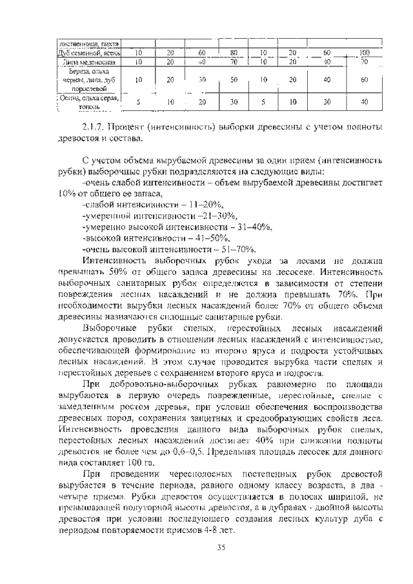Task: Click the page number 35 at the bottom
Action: click(221, 549)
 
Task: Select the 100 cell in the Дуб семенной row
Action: click(365, 52)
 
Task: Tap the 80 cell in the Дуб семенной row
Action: click(234, 52)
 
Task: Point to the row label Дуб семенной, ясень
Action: click(86, 53)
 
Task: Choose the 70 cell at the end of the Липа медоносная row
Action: click(365, 62)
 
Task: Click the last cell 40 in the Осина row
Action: click(365, 101)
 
